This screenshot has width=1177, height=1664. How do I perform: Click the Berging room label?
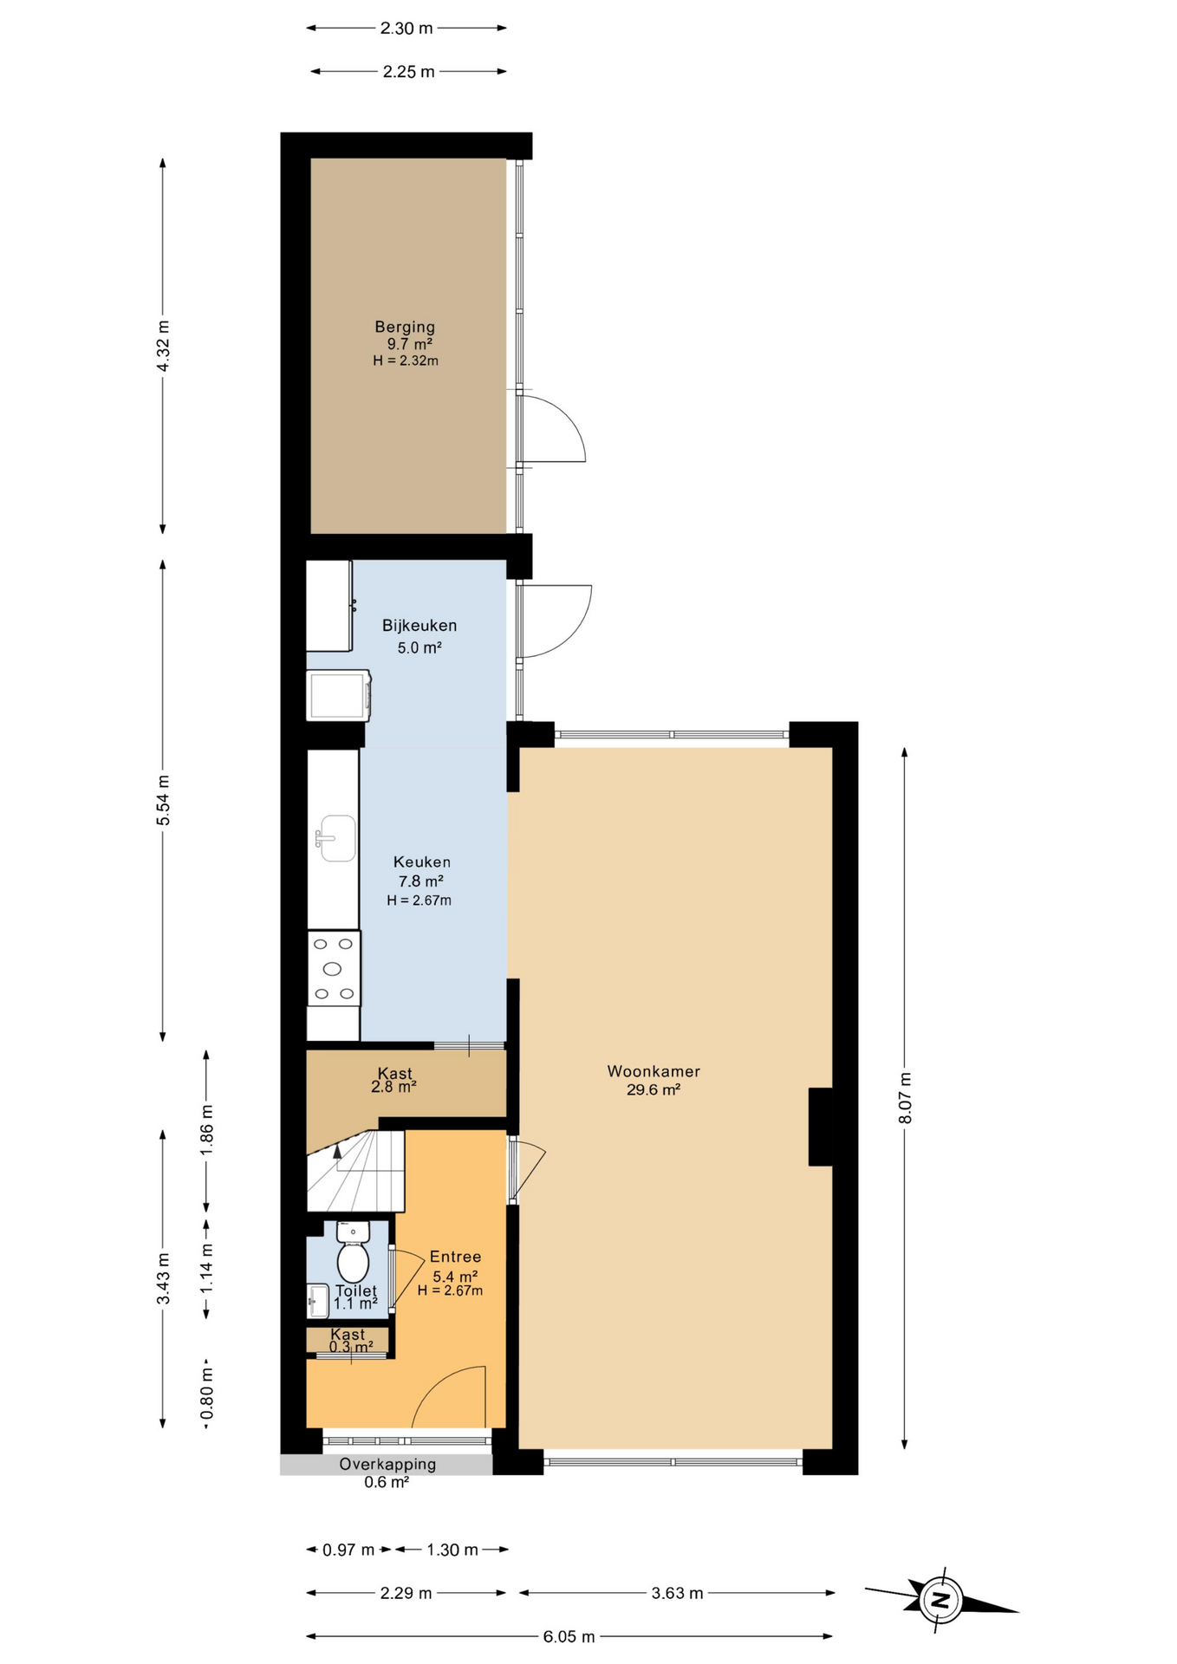click(x=405, y=327)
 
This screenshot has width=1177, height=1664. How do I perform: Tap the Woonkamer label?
click(x=654, y=1071)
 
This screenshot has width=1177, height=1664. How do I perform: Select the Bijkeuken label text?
click(x=419, y=626)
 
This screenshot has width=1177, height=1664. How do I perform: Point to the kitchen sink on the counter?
click(x=336, y=838)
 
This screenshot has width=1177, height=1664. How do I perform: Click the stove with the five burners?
click(x=335, y=969)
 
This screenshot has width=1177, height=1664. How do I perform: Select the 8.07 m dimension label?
click(x=905, y=1098)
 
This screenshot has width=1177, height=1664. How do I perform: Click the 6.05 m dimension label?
click(x=569, y=1636)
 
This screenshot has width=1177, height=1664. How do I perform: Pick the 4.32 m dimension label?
click(x=163, y=346)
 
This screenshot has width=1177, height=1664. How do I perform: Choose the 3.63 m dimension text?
click(x=677, y=1593)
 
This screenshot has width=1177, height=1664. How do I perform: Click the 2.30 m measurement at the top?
click(x=406, y=28)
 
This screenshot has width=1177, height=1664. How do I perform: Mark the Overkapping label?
click(x=387, y=1464)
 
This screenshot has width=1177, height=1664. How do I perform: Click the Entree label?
click(x=455, y=1257)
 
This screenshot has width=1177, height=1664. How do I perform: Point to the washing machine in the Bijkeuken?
click(x=338, y=695)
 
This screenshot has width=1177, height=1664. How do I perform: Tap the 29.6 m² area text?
click(x=654, y=1090)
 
